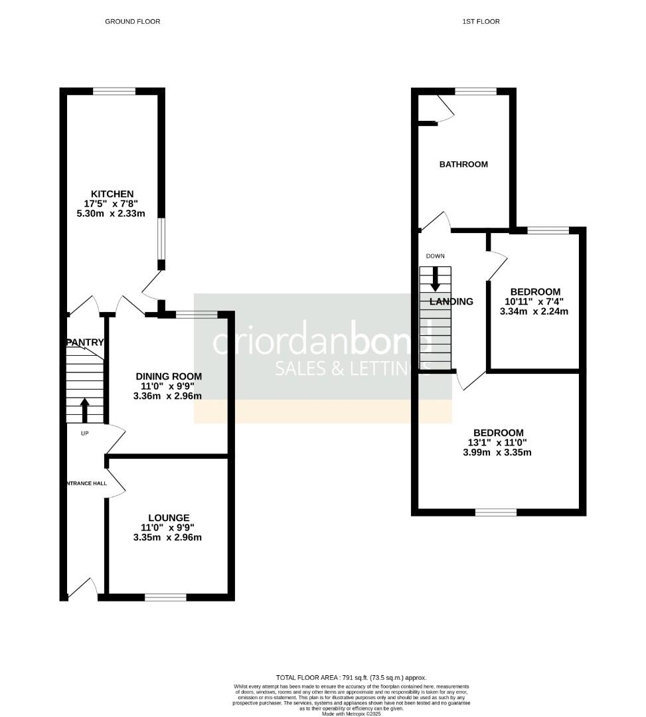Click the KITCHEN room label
[x=112, y=194]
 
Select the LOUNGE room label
[x=169, y=518]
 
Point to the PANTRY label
[x=85, y=343]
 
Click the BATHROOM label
[x=463, y=164]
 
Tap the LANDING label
[x=451, y=301]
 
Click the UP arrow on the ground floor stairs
[x=84, y=410]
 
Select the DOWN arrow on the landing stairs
[x=436, y=278]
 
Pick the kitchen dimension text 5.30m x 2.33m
[x=112, y=214]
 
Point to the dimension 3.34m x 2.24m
[x=535, y=311]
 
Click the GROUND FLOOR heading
[x=132, y=22]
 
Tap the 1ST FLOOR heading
[x=481, y=22]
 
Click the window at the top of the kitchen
[x=114, y=92]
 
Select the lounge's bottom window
[x=165, y=597]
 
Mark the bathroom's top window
[x=475, y=92]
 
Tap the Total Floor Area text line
[x=351, y=677]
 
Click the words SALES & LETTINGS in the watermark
[x=353, y=368]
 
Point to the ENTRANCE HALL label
[x=86, y=483]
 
